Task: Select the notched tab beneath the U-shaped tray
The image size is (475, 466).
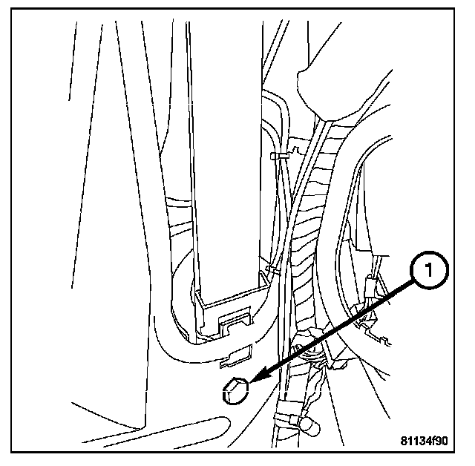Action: [235, 324]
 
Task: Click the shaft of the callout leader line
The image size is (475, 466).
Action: [334, 330]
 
